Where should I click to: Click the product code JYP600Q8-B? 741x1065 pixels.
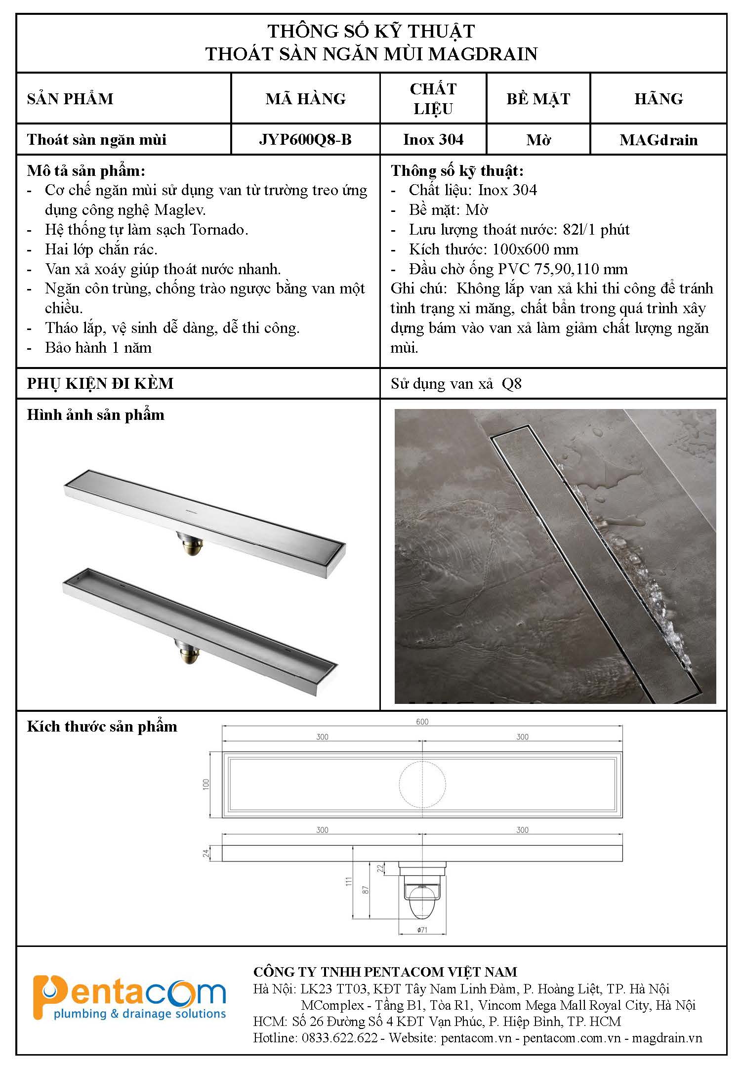[305, 140]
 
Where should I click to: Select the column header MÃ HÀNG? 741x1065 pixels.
[305, 99]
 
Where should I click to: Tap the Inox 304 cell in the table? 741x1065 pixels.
[433, 140]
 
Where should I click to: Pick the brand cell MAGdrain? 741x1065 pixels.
[659, 140]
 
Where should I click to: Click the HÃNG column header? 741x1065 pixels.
[659, 99]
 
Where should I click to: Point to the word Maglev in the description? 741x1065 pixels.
[179, 210]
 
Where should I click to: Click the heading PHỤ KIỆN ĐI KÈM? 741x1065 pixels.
[100, 384]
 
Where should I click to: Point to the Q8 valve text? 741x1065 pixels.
[511, 384]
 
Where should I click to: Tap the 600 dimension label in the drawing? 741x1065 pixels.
[422, 722]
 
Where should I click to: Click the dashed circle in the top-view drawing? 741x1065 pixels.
[422, 784]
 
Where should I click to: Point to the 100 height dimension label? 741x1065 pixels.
[206, 784]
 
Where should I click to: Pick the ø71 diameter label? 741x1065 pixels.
[422, 930]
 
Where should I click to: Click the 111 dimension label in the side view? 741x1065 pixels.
[349, 881]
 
